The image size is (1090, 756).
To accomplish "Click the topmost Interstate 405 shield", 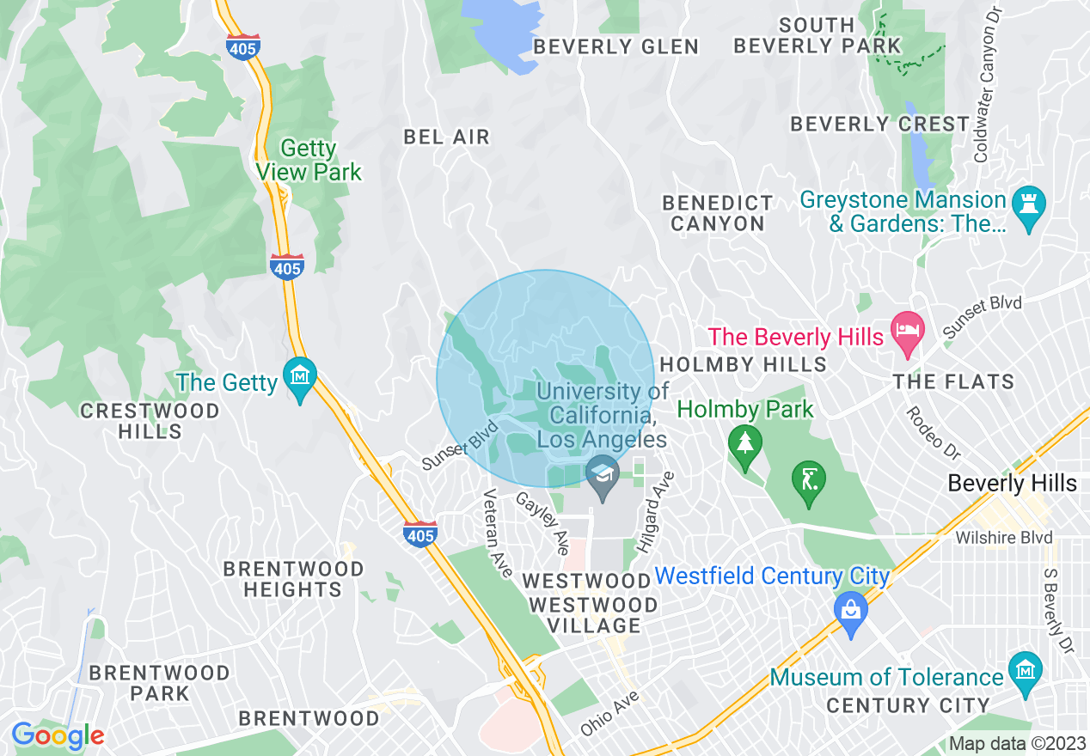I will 243,47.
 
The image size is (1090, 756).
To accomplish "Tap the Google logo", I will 58,735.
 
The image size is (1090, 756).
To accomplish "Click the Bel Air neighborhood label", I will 446,137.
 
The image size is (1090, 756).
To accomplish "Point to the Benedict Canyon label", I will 718,214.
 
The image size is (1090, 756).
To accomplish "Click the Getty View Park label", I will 309,161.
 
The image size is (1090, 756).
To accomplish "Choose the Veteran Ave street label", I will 497,533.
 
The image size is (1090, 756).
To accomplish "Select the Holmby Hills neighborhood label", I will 743,364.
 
